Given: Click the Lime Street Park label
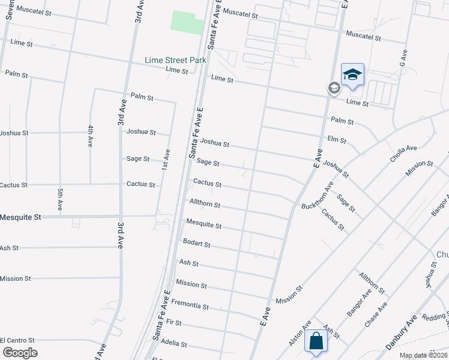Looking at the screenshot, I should click(175, 60).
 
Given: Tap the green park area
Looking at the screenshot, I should click(188, 22).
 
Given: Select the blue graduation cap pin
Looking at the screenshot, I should click(352, 74).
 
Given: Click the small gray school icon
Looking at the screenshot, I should click(334, 88).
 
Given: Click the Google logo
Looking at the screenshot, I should click(20, 352).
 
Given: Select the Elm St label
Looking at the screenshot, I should click(337, 140).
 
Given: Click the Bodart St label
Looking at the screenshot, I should click(197, 244).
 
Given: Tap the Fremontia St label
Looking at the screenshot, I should click(190, 306).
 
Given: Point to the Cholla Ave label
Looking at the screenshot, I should click(403, 149).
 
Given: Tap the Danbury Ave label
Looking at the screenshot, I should click(401, 335).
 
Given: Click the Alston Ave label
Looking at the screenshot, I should click(300, 333).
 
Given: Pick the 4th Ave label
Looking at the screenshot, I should click(90, 137).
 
